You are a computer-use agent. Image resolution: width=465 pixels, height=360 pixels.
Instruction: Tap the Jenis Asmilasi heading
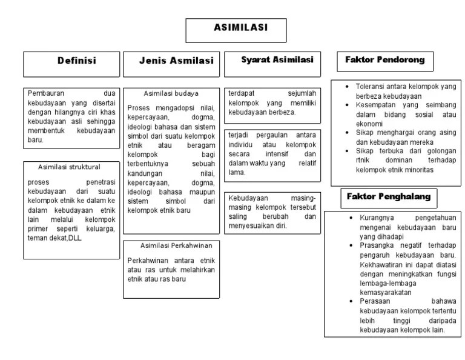pyautogui.click(x=172, y=61)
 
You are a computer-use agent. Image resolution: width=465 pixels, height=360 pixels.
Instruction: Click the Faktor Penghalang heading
pyautogui.click(x=388, y=196)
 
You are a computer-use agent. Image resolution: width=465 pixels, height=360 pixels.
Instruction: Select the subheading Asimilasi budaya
pyautogui.click(x=171, y=94)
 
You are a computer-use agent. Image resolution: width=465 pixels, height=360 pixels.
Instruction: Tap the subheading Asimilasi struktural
pyautogui.click(x=69, y=167)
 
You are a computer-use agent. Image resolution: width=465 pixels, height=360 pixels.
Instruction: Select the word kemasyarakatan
pyautogui.click(x=384, y=292)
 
